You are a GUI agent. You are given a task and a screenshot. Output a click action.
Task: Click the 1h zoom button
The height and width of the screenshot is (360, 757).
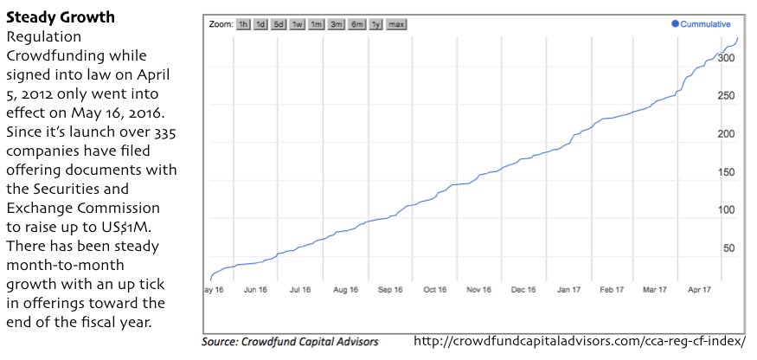[244, 24]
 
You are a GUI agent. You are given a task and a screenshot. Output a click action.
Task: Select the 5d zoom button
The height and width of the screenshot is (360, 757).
[279, 24]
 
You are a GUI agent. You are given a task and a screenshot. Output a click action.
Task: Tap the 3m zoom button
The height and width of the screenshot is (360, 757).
[337, 24]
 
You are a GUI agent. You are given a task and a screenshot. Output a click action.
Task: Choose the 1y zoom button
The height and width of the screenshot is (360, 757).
[375, 24]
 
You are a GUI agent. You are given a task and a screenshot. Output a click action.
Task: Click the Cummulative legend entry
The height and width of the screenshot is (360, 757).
[702, 24]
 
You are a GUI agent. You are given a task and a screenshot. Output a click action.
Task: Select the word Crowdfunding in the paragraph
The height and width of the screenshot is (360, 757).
[52, 54]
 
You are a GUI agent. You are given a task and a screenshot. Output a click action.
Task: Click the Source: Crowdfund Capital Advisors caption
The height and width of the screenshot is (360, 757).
[290, 342]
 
